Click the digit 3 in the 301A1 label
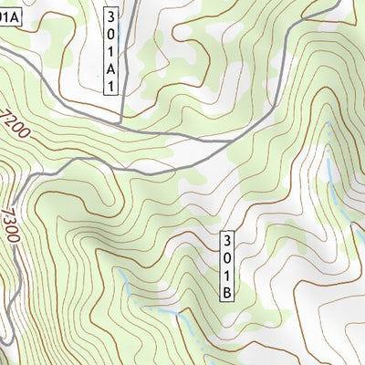click(x=110, y=16)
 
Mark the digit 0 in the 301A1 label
click(x=110, y=34)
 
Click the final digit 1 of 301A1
click(x=110, y=85)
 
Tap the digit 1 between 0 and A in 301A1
click(x=110, y=51)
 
